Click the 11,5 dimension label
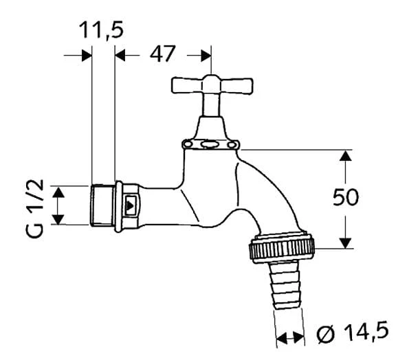coord(101,31)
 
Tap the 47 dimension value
coord(163,54)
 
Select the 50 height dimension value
coord(346,197)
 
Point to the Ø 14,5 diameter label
coord(353,332)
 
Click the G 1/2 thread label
coord(35,208)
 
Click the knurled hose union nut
coord(282,248)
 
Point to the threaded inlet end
coord(102,205)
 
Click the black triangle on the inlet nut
coord(129,205)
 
